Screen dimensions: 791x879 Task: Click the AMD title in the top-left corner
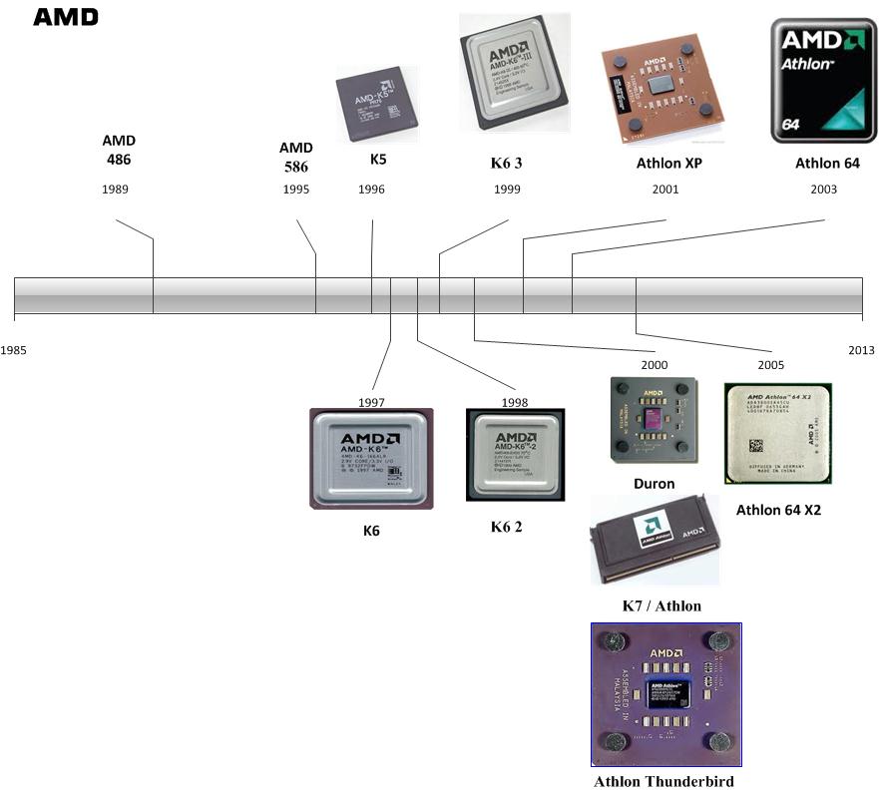tap(66, 17)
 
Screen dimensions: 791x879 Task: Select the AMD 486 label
tap(118, 150)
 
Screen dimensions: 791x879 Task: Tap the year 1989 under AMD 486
tap(115, 190)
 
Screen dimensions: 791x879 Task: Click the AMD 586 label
tap(295, 158)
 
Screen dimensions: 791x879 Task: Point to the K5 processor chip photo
tap(376, 105)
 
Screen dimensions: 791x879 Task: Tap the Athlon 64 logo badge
tap(823, 80)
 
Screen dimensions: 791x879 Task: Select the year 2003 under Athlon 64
tap(823, 190)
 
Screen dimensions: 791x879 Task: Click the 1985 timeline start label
tap(14, 350)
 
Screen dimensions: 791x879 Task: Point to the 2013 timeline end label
tap(861, 350)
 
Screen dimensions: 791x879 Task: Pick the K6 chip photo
tap(371, 459)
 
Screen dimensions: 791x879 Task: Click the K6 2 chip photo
tap(515, 455)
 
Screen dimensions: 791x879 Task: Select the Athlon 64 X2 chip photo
tap(778, 433)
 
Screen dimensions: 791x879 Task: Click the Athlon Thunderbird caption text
tap(663, 781)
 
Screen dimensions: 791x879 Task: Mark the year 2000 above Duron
tap(655, 365)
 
